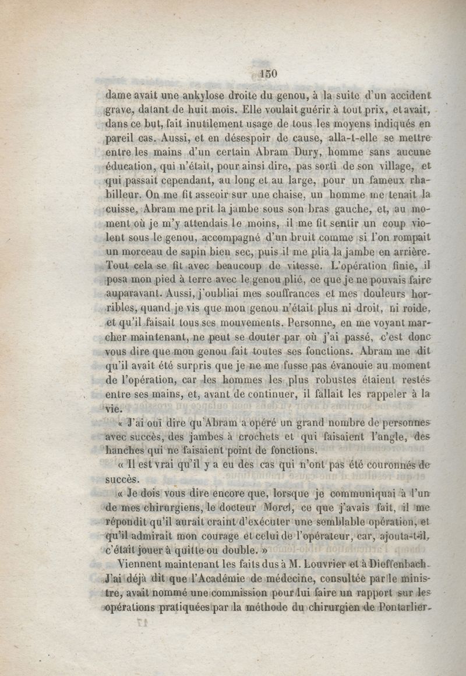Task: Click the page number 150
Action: coord(268,73)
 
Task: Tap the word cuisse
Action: coord(121,209)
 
